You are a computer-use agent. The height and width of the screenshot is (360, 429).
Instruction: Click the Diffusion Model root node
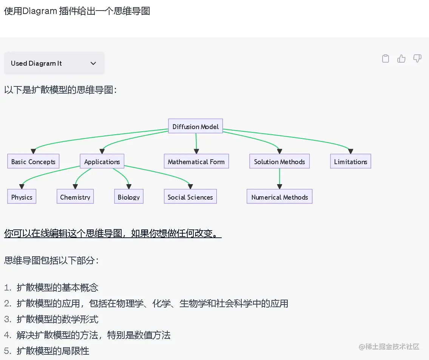(x=195, y=127)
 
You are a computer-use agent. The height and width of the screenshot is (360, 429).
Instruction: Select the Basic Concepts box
(x=33, y=162)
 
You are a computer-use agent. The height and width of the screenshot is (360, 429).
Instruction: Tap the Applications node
(x=102, y=162)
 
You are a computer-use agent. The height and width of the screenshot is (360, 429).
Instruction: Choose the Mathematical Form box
(x=196, y=162)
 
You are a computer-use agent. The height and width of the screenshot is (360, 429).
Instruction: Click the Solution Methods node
(x=279, y=162)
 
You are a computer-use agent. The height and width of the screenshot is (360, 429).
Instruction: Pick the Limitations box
(x=350, y=162)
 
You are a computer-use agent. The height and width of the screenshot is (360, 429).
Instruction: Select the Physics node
(x=22, y=197)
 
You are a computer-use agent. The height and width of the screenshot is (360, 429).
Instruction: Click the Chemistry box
(x=75, y=197)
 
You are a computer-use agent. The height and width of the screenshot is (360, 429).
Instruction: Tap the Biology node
(x=129, y=197)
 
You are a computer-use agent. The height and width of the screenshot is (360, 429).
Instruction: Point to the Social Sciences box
(x=190, y=197)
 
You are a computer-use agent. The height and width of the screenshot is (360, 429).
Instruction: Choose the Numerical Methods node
(x=279, y=197)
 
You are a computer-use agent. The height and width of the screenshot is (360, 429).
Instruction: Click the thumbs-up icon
(x=401, y=58)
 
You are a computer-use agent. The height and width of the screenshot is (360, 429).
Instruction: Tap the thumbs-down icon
(x=417, y=58)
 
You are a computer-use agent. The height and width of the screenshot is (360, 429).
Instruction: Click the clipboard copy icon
(x=385, y=58)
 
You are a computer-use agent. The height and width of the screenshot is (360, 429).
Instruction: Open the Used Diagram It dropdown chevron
(x=93, y=63)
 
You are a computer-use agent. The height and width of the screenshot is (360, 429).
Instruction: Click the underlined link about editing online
(x=113, y=234)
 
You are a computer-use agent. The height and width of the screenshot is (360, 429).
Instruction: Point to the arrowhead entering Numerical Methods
(x=279, y=186)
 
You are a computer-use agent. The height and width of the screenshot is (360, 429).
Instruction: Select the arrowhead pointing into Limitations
(x=350, y=151)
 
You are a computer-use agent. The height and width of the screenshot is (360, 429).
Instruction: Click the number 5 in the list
(x=8, y=351)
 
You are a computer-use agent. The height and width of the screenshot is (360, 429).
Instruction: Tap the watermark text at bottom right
(x=389, y=346)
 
